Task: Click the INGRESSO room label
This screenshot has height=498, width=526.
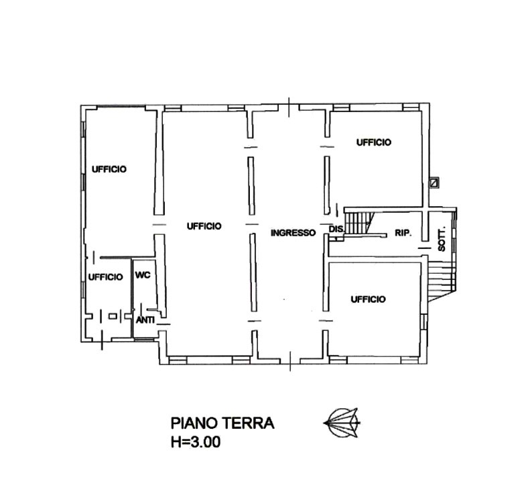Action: pos(293,232)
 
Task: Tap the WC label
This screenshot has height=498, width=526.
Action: pos(143,275)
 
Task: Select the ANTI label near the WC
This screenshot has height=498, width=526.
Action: pos(145,320)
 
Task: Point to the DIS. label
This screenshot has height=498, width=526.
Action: pos(336,229)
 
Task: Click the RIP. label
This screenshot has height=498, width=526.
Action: pos(403,233)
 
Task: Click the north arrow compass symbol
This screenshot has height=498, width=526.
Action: pos(342,423)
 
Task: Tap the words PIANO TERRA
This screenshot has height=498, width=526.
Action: pos(222,423)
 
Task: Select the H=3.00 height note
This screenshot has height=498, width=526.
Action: pos(196,442)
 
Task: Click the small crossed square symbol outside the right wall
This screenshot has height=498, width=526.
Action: pos(435,183)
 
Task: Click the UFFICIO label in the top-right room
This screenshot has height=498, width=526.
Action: pos(374,142)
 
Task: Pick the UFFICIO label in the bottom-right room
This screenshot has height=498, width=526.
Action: pos(368,299)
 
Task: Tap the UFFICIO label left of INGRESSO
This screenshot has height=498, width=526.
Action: pos(204,226)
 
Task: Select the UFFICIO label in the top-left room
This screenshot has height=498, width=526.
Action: pos(109,169)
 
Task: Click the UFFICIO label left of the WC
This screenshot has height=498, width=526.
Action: pos(105,277)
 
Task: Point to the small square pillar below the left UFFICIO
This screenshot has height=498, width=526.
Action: pos(113,316)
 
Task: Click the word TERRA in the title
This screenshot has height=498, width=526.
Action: pos(248,423)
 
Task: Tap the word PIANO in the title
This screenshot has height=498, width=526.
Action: pos(194,423)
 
